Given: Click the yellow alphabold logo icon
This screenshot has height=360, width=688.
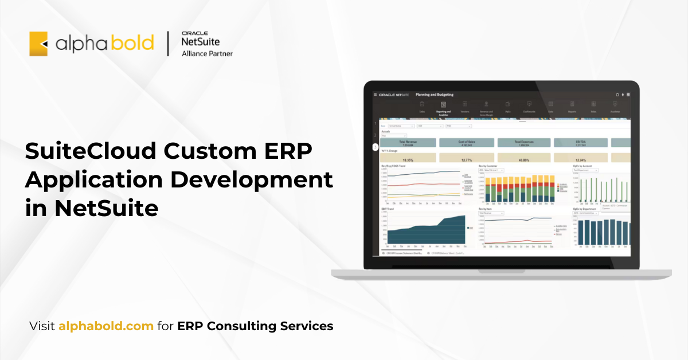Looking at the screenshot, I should [x=38, y=44].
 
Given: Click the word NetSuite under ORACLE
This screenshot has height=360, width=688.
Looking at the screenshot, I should [x=200, y=42].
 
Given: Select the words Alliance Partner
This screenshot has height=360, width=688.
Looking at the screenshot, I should [x=207, y=54].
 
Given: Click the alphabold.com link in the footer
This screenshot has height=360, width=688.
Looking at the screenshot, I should [x=106, y=326].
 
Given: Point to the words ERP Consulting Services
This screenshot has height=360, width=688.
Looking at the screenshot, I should [x=255, y=326].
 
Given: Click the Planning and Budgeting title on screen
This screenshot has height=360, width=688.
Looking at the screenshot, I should [x=434, y=95].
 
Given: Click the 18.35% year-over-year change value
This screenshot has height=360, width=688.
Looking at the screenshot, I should [x=408, y=160].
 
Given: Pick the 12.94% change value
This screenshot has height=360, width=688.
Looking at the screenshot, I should [x=580, y=160].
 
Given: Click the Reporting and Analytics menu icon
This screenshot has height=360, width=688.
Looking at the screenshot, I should [x=443, y=104].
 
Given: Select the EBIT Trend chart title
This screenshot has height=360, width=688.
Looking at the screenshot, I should [x=388, y=209].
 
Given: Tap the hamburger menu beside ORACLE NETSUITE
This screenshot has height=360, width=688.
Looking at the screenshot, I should [x=376, y=95].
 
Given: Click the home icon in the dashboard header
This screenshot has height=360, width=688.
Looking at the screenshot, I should [x=617, y=95].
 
